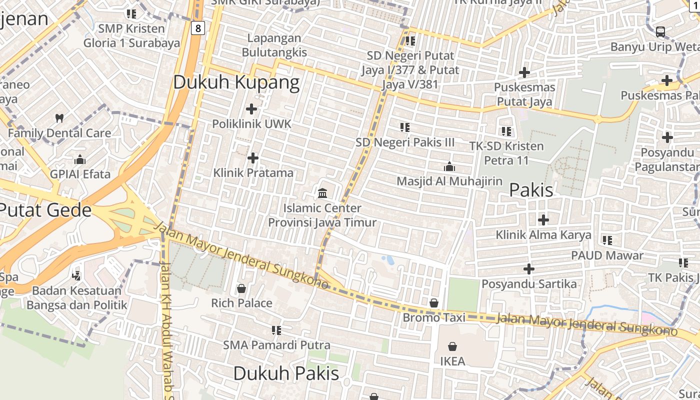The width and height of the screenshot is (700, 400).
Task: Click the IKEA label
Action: (452, 361)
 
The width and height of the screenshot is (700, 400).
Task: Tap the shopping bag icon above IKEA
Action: (452, 346)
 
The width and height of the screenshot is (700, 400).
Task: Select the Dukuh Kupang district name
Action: (236, 82)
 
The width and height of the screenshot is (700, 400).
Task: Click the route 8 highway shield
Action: (198, 28)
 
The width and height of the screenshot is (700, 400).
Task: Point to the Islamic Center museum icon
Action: (322, 193)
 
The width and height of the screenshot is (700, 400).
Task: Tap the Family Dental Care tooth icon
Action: (59, 118)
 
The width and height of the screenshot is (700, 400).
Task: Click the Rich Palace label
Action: (241, 303)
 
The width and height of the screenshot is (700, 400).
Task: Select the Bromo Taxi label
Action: (434, 317)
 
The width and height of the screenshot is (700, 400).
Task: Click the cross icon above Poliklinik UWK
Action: (251, 108)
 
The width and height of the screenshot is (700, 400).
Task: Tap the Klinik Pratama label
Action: (253, 173)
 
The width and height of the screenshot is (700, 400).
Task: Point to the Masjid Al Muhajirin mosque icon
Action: (449, 166)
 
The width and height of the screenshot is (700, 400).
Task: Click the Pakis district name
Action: (531, 190)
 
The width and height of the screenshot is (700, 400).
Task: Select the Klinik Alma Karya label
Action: (543, 234)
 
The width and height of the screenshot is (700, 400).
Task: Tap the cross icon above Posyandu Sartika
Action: (528, 269)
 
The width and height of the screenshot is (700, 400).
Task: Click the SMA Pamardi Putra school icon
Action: (276, 330)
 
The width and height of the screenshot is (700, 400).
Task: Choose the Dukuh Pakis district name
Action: (286, 373)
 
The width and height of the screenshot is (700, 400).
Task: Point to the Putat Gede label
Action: (45, 210)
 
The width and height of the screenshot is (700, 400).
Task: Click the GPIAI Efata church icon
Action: (80, 160)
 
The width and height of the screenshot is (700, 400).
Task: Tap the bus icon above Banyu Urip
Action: (660, 32)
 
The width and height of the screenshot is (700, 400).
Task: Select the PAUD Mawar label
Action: (607, 255)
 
